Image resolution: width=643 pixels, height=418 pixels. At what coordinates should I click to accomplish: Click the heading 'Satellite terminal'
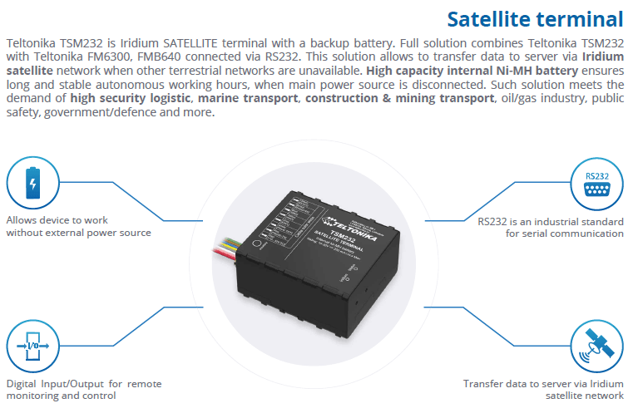[535, 18]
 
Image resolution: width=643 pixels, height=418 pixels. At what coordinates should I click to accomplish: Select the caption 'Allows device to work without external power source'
[78, 227]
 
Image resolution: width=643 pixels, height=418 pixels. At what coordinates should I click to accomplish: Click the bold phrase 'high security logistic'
[131, 97]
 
